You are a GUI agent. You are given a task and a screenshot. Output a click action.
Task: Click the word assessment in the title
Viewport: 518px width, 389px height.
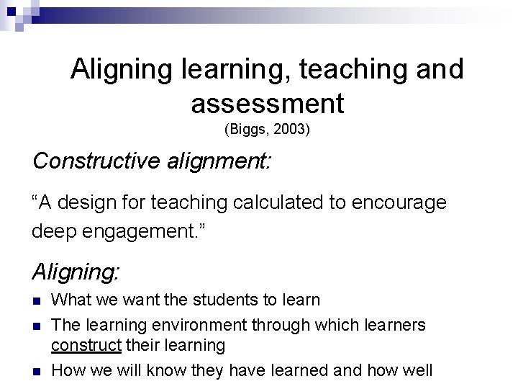coord(268,103)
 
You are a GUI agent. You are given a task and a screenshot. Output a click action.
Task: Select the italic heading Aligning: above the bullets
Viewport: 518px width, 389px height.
coord(76,272)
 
